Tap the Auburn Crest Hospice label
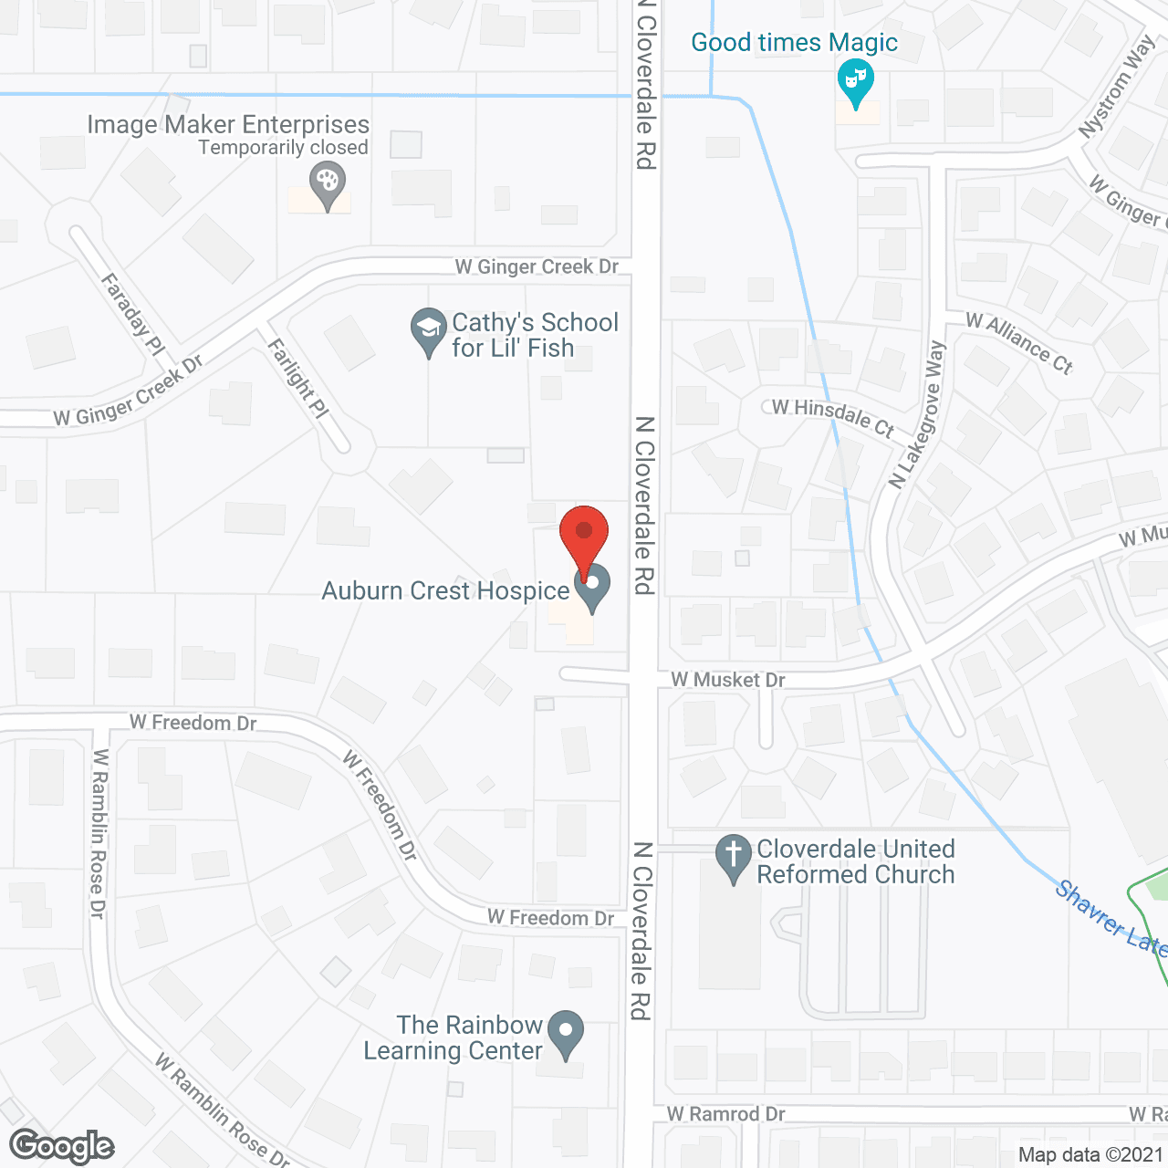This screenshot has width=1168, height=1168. (445, 591)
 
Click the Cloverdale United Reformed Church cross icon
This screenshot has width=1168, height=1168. (733, 858)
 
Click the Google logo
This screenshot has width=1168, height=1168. (62, 1146)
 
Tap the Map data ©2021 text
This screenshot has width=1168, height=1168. (1090, 1154)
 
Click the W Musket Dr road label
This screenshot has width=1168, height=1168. (728, 680)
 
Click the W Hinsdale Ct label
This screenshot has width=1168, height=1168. (832, 416)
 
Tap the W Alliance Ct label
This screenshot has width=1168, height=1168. (1019, 343)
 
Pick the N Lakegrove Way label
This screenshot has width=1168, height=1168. (918, 415)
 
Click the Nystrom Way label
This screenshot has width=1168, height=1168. (1116, 89)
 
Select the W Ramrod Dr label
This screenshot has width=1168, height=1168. (725, 1114)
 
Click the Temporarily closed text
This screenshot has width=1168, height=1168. (283, 148)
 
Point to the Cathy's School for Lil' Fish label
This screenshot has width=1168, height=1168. (535, 335)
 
